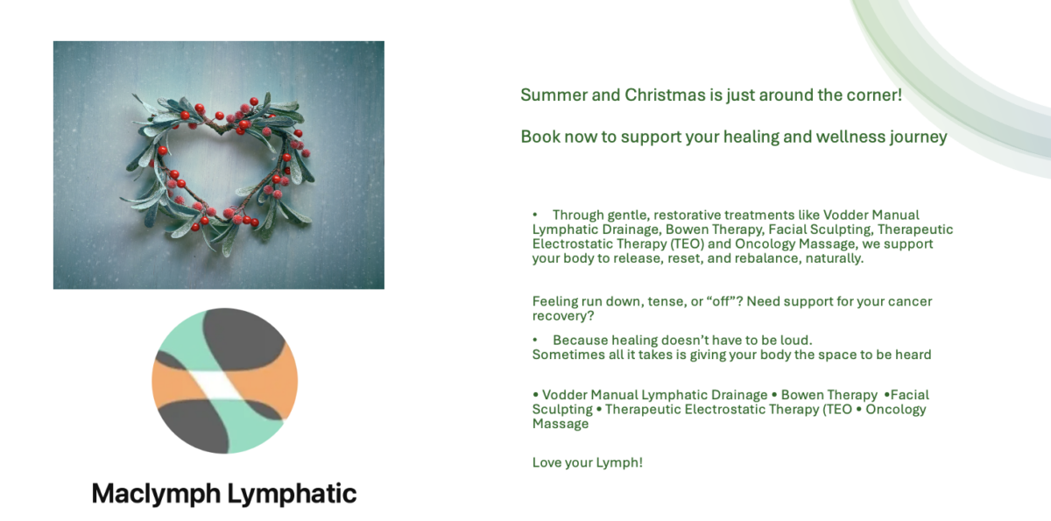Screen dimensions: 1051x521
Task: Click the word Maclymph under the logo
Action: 156,494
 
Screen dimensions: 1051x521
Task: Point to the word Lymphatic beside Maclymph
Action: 292,494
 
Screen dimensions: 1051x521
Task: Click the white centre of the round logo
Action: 221,385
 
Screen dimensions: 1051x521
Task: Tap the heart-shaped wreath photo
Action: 219,165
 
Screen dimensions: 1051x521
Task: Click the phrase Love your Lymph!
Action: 588,463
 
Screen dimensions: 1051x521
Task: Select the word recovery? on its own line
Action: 563,316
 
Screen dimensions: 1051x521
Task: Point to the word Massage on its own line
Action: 561,424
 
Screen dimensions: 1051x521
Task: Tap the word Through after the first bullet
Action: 578,215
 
